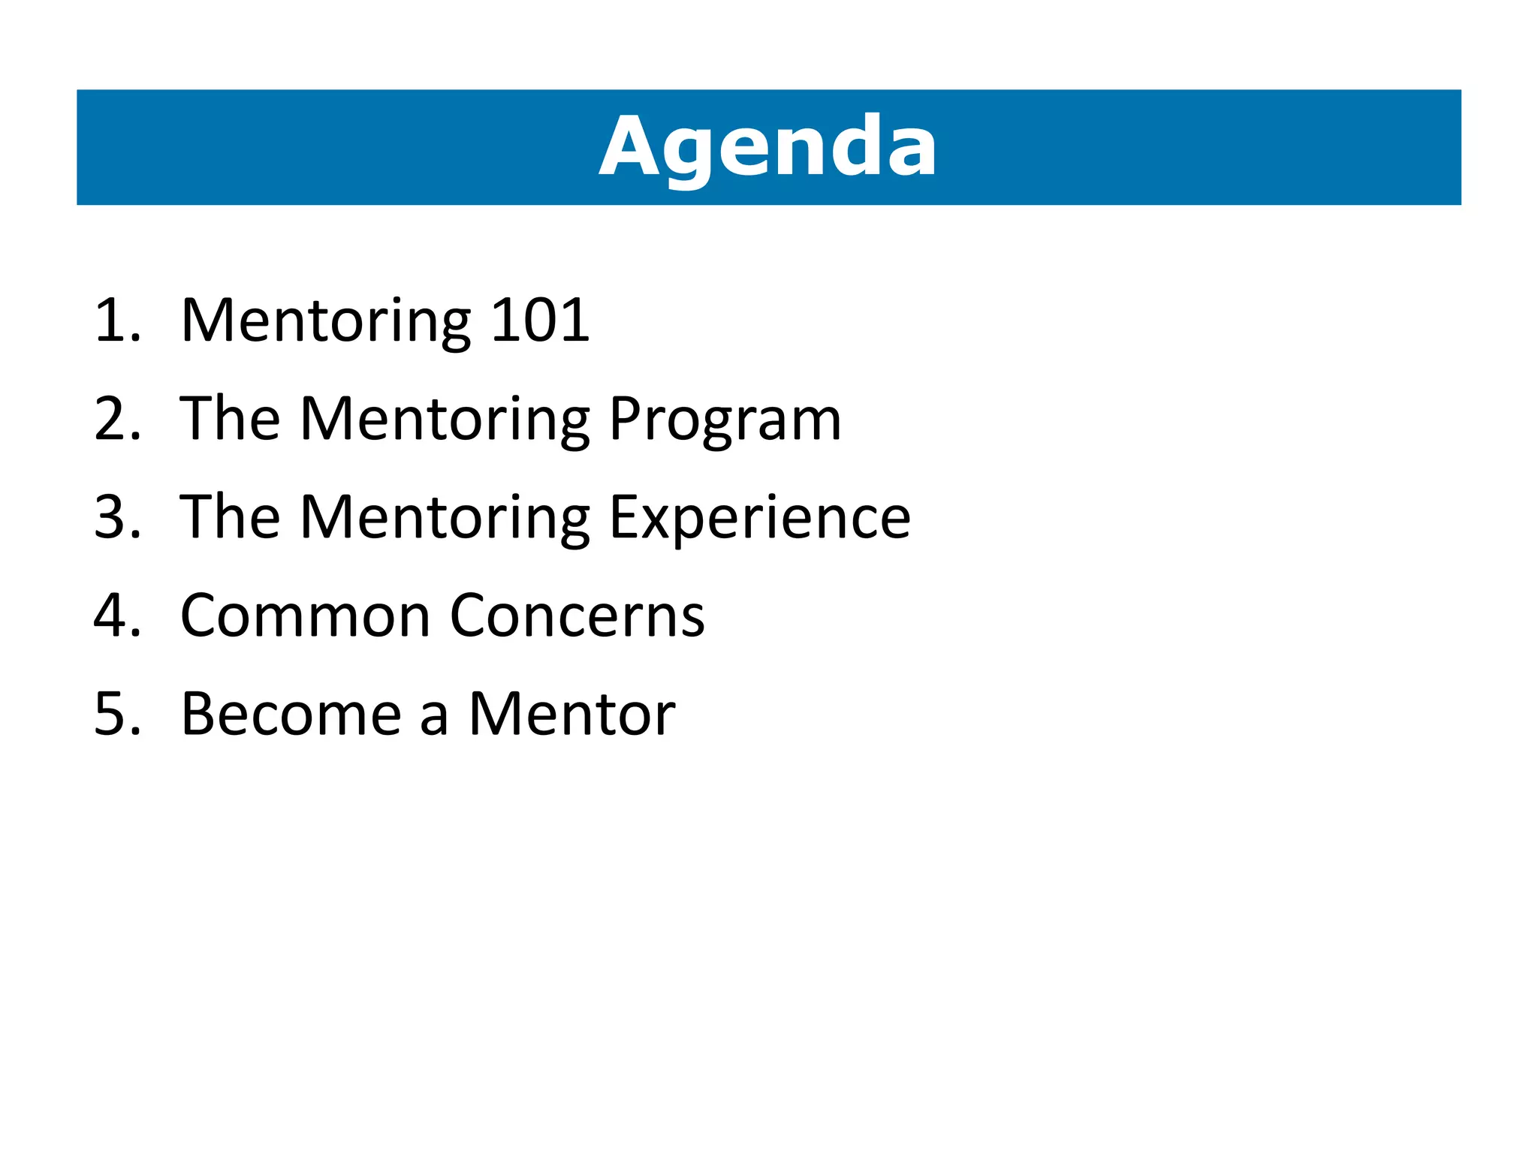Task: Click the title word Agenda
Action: tap(767, 146)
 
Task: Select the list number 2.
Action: tap(113, 419)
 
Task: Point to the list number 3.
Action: tap(113, 517)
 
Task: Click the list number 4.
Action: tap(113, 616)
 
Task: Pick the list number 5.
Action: tap(113, 714)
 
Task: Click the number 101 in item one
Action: tap(540, 321)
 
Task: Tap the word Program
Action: tap(725, 420)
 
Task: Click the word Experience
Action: tap(760, 519)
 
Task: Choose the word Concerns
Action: tap(578, 616)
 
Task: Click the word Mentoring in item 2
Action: tap(445, 420)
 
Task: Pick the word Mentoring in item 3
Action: tap(445, 519)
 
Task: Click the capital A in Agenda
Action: tap(629, 146)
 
